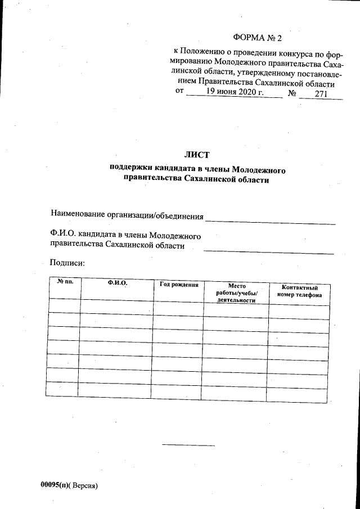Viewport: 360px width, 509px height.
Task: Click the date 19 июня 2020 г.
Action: click(x=233, y=93)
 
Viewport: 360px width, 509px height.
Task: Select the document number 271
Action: click(x=321, y=94)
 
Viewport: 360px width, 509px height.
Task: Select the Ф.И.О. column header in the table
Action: click(x=118, y=283)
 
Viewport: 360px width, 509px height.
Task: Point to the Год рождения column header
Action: click(x=179, y=285)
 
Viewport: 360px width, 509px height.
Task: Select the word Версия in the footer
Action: click(x=83, y=485)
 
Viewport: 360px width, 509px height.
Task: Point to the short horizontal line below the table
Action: click(x=188, y=445)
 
